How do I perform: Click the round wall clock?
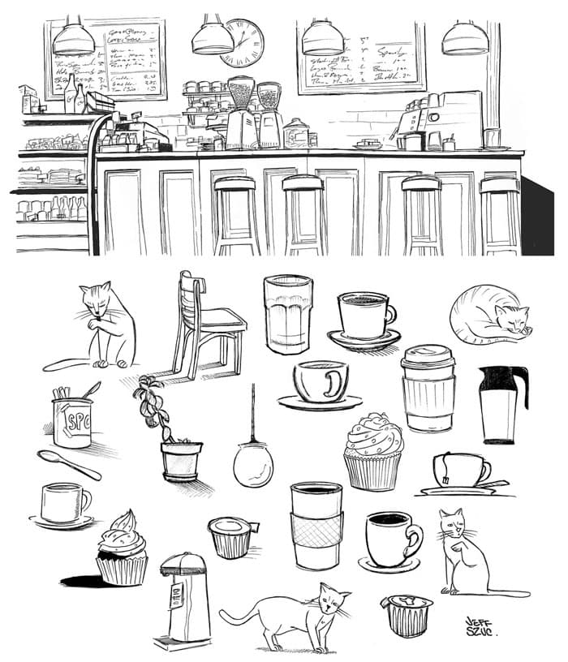click(x=242, y=42)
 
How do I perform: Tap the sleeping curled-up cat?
click(x=489, y=314)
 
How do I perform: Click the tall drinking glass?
click(x=287, y=314)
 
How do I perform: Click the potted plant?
click(x=172, y=434)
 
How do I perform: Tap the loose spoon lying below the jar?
click(x=68, y=464)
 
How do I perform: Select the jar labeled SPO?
click(x=72, y=422)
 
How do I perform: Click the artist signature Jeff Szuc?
click(x=481, y=627)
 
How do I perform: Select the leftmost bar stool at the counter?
click(x=236, y=215)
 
